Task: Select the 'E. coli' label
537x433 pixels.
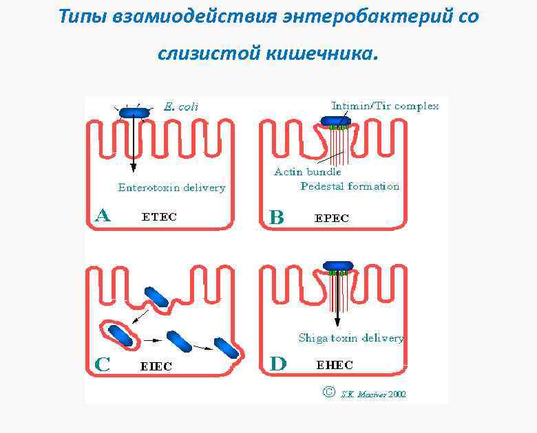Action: [x=180, y=107]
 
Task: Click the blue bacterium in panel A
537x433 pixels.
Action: [x=129, y=113]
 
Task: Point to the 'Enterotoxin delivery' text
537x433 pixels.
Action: [x=171, y=188]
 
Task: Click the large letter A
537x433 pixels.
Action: [x=102, y=216]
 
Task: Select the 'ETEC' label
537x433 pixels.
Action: [x=159, y=217]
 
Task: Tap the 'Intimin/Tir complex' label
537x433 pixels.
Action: [x=385, y=106]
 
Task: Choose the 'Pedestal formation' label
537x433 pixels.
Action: [x=350, y=186]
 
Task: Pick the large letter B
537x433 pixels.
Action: [x=276, y=218]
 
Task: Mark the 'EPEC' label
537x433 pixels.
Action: [x=332, y=219]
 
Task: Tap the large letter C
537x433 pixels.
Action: [x=102, y=364]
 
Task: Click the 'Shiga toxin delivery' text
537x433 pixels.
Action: [x=350, y=338]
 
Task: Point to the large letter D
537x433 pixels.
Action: [x=277, y=364]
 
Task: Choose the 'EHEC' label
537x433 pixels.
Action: [x=335, y=366]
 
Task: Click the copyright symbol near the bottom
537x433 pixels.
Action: [x=328, y=392]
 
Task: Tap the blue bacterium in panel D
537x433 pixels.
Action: [x=337, y=266]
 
